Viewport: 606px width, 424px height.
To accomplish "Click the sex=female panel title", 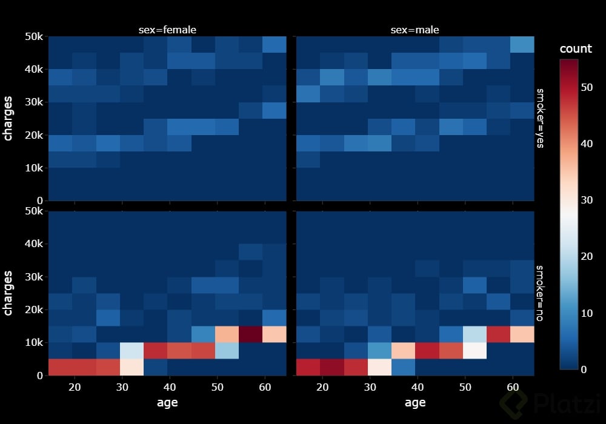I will [166, 30].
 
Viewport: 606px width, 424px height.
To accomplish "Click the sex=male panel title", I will [415, 30].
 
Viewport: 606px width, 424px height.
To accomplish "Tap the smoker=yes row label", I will [540, 118].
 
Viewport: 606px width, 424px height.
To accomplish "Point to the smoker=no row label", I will [540, 293].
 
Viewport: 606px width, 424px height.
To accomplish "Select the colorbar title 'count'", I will [575, 49].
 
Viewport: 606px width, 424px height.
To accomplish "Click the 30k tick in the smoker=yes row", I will [30, 102].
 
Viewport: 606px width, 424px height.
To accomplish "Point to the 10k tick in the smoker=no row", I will [30, 342].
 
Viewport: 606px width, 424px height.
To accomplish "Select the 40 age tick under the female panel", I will [170, 386].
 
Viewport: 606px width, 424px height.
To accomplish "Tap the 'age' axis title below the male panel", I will [415, 402].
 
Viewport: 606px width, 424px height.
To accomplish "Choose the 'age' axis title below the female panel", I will [167, 402].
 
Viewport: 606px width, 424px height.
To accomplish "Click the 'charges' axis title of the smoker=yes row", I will [8, 118].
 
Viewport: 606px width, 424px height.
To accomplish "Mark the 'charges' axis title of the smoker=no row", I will [8, 293].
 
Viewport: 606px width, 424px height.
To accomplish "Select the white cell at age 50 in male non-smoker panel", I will [474, 350].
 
